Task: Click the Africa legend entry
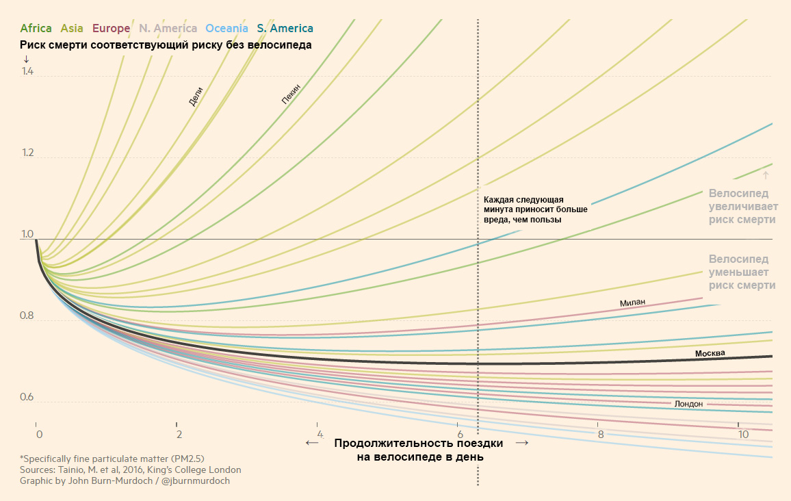pyautogui.click(x=36, y=29)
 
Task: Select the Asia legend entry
pyautogui.click(x=72, y=29)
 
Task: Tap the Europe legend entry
pyautogui.click(x=111, y=29)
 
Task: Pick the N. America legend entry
pyautogui.click(x=168, y=29)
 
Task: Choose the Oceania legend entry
pyautogui.click(x=226, y=29)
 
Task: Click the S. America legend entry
pyautogui.click(x=285, y=29)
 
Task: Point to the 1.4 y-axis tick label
pyautogui.click(x=27, y=71)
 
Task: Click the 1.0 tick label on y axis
pyautogui.click(x=27, y=235)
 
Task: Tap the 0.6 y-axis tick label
pyautogui.click(x=27, y=398)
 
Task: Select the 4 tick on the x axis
pyautogui.click(x=320, y=434)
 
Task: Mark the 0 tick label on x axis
pyautogui.click(x=39, y=434)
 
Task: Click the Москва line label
pyautogui.click(x=710, y=353)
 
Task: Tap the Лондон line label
pyautogui.click(x=688, y=404)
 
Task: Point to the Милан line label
pyautogui.click(x=632, y=303)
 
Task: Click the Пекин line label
pyautogui.click(x=291, y=94)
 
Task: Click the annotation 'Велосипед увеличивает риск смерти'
pyautogui.click(x=742, y=206)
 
